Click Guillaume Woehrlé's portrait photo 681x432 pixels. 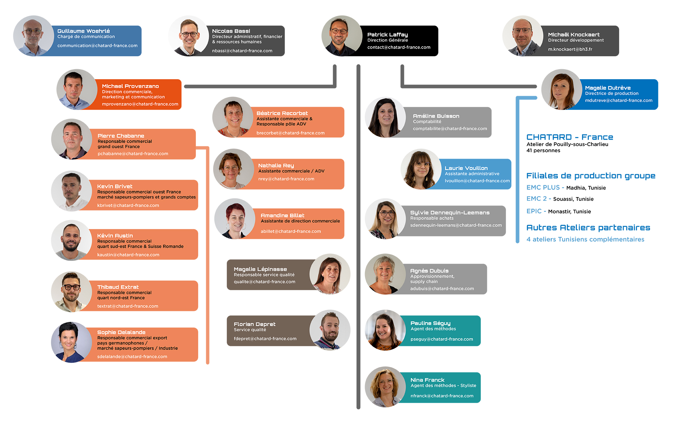click(33, 36)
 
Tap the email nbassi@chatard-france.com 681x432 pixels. click(242, 51)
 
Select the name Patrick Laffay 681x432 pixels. click(387, 35)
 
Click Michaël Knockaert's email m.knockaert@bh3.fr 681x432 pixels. click(570, 49)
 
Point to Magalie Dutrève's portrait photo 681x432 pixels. click(561, 89)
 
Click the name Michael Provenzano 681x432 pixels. click(130, 86)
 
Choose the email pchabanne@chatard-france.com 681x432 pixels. click(133, 154)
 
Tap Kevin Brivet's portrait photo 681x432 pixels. click(71, 191)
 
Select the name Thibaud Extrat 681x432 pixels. click(118, 287)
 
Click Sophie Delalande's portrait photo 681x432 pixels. click(71, 342)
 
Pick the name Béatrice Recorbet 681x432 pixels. click(282, 113)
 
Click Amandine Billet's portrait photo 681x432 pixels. click(235, 219)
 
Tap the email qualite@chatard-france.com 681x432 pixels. click(264, 282)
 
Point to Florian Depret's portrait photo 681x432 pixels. click(330, 330)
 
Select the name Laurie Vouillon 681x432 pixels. click(466, 168)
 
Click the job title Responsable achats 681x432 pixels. click(432, 218)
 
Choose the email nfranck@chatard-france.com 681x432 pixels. click(442, 396)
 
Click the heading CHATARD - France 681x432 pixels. click(569, 137)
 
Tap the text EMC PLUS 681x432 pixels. click(543, 188)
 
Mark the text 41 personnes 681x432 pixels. click(543, 150)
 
